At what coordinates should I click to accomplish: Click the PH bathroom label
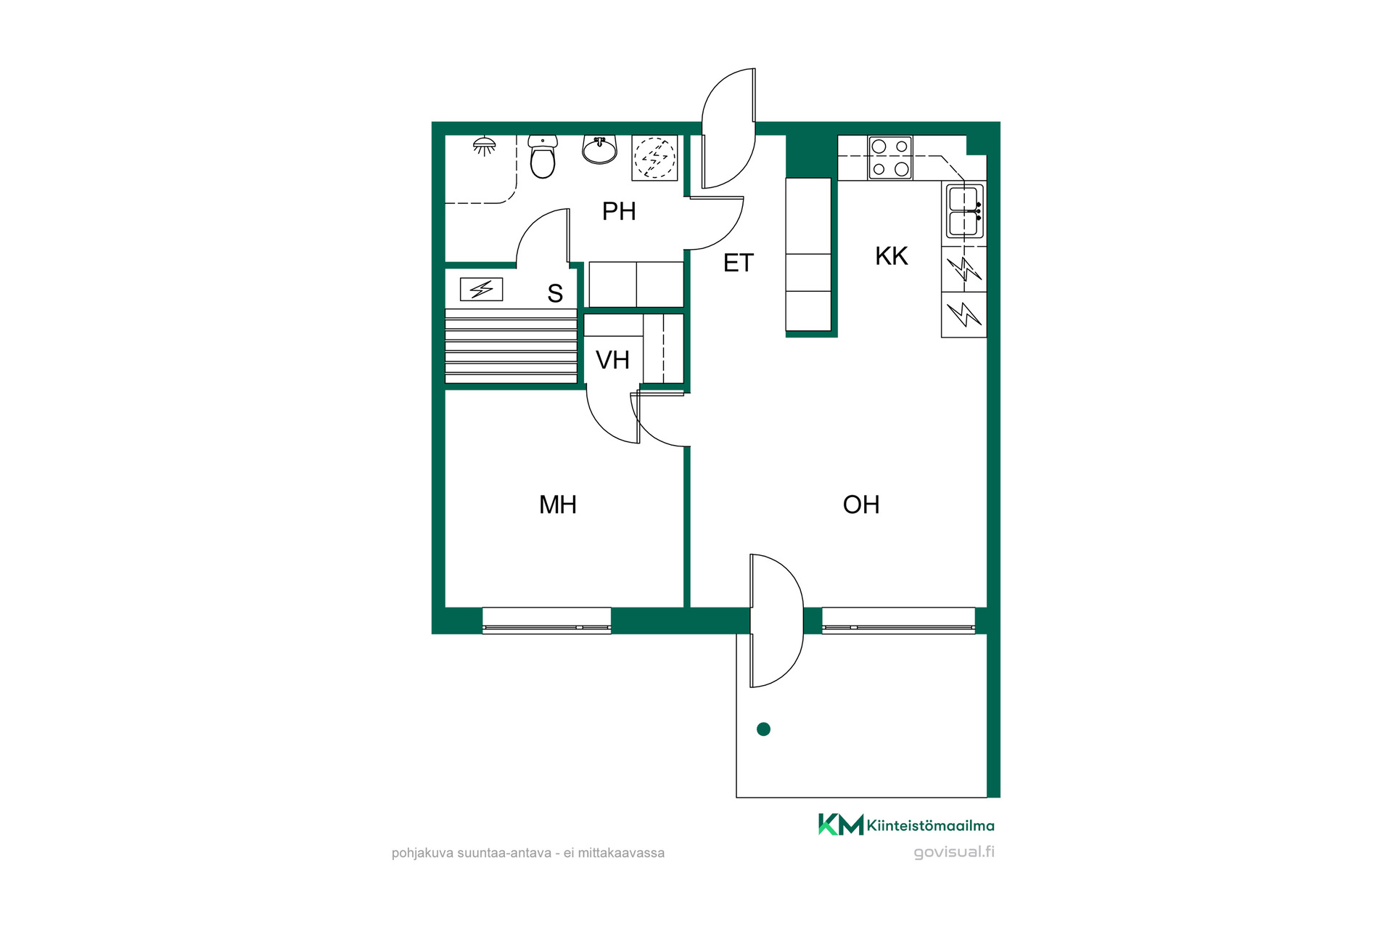coord(619,211)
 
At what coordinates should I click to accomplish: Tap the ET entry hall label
coord(739,263)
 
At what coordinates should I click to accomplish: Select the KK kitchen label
coord(891,256)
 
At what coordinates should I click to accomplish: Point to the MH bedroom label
coord(557,504)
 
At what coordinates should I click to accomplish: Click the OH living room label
coord(861,504)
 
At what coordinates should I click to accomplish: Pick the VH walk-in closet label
coord(612,360)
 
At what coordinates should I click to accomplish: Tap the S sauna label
coord(555,293)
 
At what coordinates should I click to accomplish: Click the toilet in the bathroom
coord(543,156)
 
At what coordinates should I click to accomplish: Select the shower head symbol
coord(485,146)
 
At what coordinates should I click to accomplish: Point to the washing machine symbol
coord(654,157)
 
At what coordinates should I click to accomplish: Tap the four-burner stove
coord(890,157)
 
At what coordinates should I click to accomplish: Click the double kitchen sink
coord(964,210)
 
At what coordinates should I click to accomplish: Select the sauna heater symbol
coord(481,290)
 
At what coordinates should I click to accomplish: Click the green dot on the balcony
coord(763,729)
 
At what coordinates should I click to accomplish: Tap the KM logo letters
coord(841,824)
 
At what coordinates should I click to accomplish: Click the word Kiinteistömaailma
coord(931,826)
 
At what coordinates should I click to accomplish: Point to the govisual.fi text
coord(954,852)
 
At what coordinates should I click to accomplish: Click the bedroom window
coord(546,621)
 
